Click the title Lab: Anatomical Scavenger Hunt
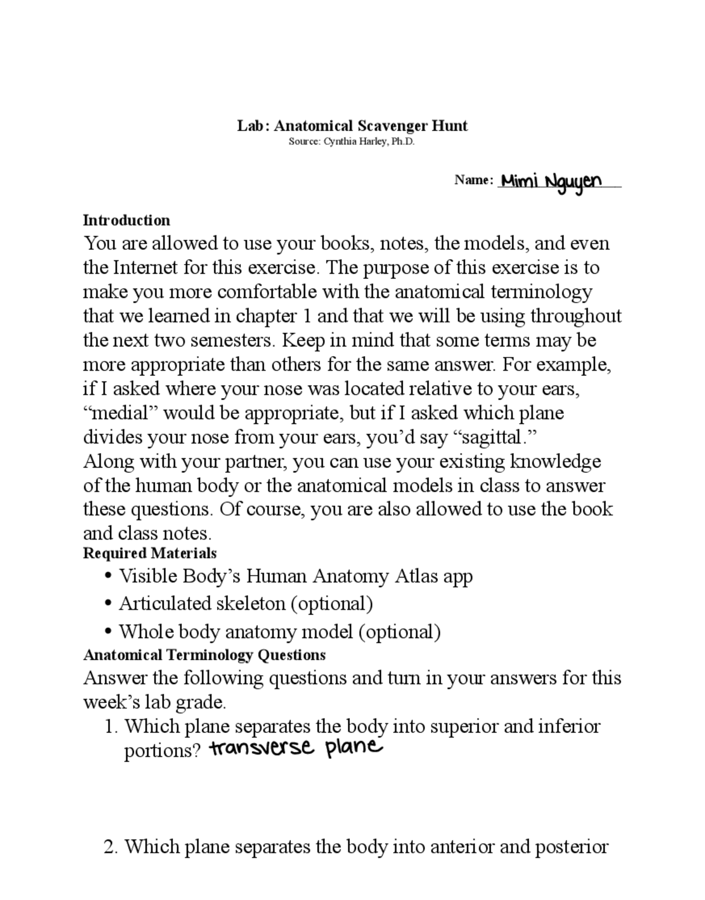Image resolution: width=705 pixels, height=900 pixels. coord(352,126)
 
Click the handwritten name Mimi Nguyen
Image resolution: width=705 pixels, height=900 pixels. coord(551,181)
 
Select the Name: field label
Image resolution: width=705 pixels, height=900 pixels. coord(473,180)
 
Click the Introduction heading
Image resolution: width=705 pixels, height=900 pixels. coord(126,220)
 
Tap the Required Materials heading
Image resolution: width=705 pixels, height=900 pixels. coord(149,553)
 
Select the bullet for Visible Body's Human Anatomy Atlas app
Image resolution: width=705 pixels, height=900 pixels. coord(109,576)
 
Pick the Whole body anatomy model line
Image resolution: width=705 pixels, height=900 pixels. coord(279,632)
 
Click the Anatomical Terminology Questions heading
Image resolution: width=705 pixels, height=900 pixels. coord(204,655)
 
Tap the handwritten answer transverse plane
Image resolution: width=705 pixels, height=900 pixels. coord(295,748)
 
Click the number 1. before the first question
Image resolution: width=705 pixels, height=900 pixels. coord(111,727)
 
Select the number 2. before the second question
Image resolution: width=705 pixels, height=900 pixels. coord(111,847)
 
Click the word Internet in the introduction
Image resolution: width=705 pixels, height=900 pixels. coord(145,268)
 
